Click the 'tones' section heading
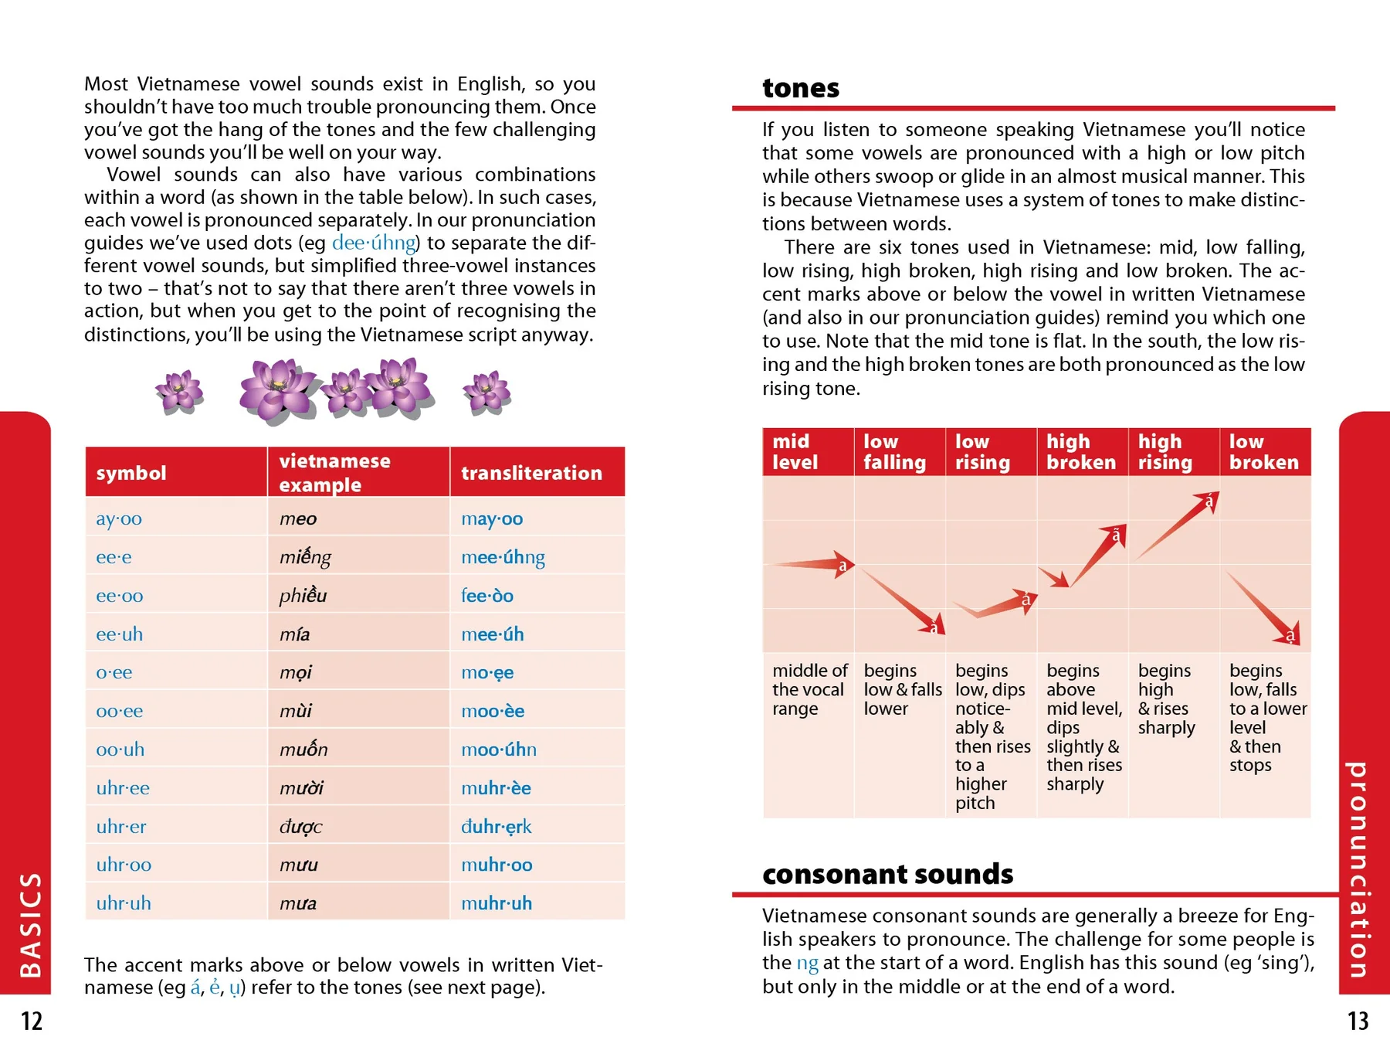click(x=800, y=88)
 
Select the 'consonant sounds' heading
click(x=887, y=874)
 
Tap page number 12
click(x=32, y=1021)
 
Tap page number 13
click(x=1358, y=1021)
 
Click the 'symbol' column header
click(x=131, y=473)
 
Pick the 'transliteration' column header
click(x=531, y=473)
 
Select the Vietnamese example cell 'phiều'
click(x=303, y=596)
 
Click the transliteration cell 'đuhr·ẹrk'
click(x=496, y=827)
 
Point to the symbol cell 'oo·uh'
click(x=120, y=750)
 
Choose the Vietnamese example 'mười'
click(x=301, y=788)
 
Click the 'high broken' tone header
click(x=1081, y=452)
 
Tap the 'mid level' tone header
click(x=795, y=452)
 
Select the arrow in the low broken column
click(x=1263, y=607)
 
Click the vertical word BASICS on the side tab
click(x=30, y=924)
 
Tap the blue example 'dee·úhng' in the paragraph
click(x=374, y=243)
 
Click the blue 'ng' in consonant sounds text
click(x=807, y=963)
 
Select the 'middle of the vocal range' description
click(x=809, y=689)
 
